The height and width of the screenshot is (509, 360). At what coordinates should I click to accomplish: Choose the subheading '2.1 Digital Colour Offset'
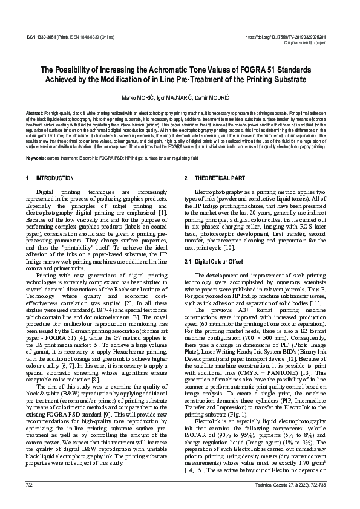point(209,261)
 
